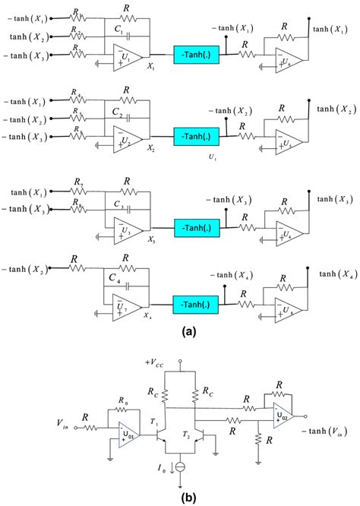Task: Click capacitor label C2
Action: pyautogui.click(x=117, y=111)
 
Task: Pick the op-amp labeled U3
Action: pyautogui.click(x=123, y=227)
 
